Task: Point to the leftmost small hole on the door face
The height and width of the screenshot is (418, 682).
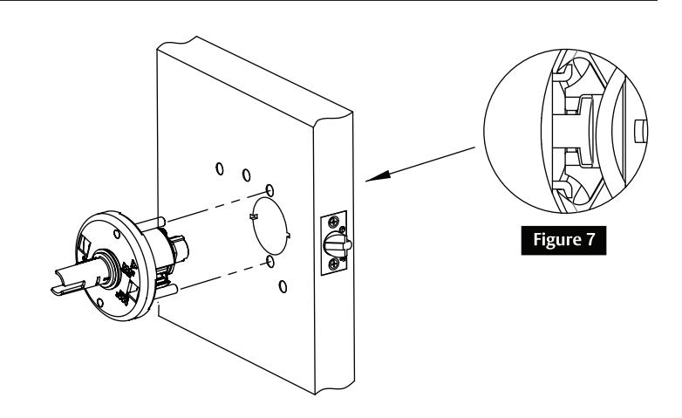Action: (x=219, y=167)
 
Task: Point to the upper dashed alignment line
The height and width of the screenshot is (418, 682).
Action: (x=218, y=200)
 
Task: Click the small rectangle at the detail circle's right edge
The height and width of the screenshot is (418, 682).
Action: (x=638, y=132)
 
